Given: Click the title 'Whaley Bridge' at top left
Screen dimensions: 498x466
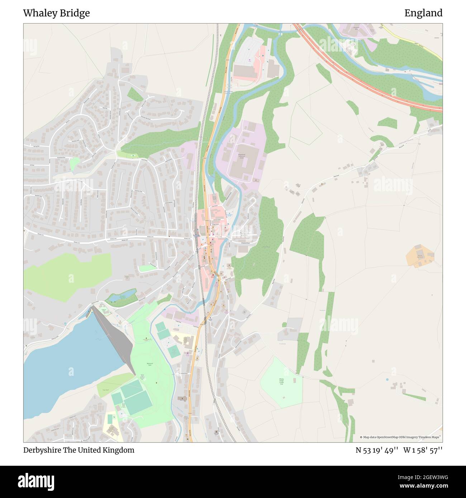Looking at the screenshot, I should [x=56, y=13].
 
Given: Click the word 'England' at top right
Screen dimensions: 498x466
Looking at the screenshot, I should [x=423, y=13].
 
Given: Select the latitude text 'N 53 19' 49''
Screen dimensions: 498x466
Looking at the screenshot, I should [x=377, y=450].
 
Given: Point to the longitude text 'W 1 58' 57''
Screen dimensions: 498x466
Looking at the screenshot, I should [x=423, y=450].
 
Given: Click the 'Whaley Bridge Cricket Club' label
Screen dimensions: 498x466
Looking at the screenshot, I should [x=281, y=382].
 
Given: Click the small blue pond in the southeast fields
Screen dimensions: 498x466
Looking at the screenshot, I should [x=387, y=379].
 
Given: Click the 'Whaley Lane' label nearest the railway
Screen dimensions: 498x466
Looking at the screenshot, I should [x=186, y=238].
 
